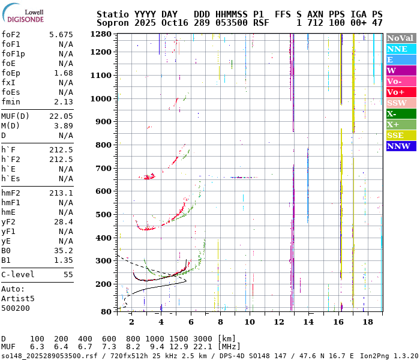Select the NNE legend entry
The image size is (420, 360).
pyautogui.click(x=401, y=49)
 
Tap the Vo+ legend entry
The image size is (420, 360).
pyautogui.click(x=401, y=92)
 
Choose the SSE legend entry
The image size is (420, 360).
pyautogui.click(x=401, y=136)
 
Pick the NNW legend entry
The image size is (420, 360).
pyautogui.click(x=401, y=146)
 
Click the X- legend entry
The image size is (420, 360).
pyautogui.click(x=401, y=114)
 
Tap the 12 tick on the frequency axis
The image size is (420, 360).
pyautogui.click(x=279, y=322)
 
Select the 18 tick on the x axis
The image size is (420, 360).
pyautogui.click(x=368, y=322)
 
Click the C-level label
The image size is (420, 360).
pyautogui.click(x=18, y=275)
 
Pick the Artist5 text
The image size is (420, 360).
pyautogui.click(x=18, y=298)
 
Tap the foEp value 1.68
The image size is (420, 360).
pyautogui.click(x=64, y=73)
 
